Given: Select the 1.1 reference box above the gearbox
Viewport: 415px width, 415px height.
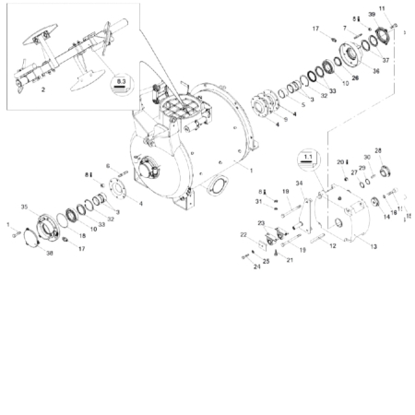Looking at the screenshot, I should pyautogui.click(x=307, y=158).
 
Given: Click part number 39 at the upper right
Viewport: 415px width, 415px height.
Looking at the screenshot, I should pyautogui.click(x=373, y=16).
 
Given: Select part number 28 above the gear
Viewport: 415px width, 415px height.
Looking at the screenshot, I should pyautogui.click(x=378, y=149).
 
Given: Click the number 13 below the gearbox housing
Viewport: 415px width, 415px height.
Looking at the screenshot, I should pyautogui.click(x=373, y=246).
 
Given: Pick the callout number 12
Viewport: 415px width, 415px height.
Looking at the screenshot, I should pyautogui.click(x=333, y=246).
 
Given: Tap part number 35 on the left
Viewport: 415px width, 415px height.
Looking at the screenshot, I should pyautogui.click(x=25, y=207).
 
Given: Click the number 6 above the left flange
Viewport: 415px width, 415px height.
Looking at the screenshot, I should pyautogui.click(x=107, y=166).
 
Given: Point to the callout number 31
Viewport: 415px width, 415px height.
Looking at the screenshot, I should pyautogui.click(x=259, y=202).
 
